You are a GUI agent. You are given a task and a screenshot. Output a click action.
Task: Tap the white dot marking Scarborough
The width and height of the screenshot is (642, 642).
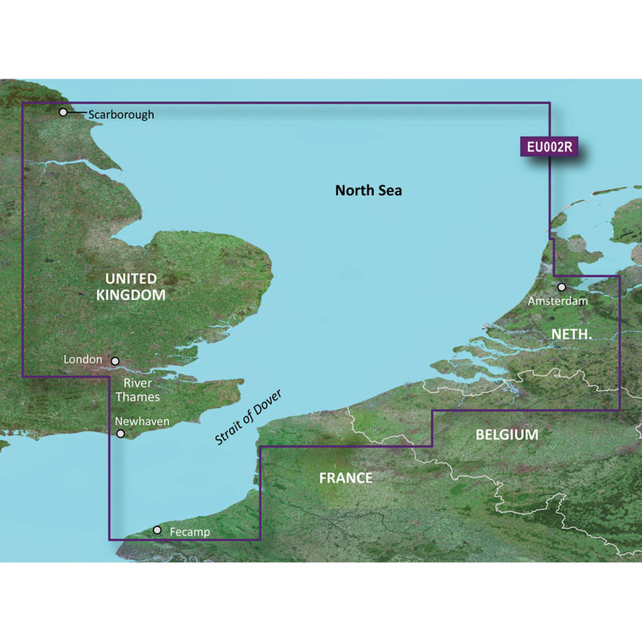pos(63,112)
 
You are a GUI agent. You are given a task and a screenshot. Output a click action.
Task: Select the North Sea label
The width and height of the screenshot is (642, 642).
pos(368,190)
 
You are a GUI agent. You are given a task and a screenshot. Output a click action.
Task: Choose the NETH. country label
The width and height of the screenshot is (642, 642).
pos(571,335)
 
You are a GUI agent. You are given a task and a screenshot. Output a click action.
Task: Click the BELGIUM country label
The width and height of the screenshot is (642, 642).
pos(507,434)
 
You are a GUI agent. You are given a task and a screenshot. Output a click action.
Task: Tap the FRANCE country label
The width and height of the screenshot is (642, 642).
pos(345,478)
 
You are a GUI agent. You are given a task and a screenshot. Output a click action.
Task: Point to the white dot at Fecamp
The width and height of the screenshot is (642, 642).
pos(157,530)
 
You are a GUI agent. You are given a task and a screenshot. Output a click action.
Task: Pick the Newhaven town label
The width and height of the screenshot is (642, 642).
pos(143,421)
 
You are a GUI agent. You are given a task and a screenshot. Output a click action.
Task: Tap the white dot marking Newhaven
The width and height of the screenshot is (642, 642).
pos(121,434)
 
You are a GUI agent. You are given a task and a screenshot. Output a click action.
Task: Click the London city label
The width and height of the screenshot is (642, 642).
pos(83,360)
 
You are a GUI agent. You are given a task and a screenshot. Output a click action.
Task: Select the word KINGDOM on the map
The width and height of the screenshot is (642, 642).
pos(130,296)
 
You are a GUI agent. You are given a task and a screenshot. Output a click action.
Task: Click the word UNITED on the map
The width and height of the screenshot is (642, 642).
pos(130,278)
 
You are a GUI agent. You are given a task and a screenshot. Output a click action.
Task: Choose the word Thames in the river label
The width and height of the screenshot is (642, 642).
pos(138,396)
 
